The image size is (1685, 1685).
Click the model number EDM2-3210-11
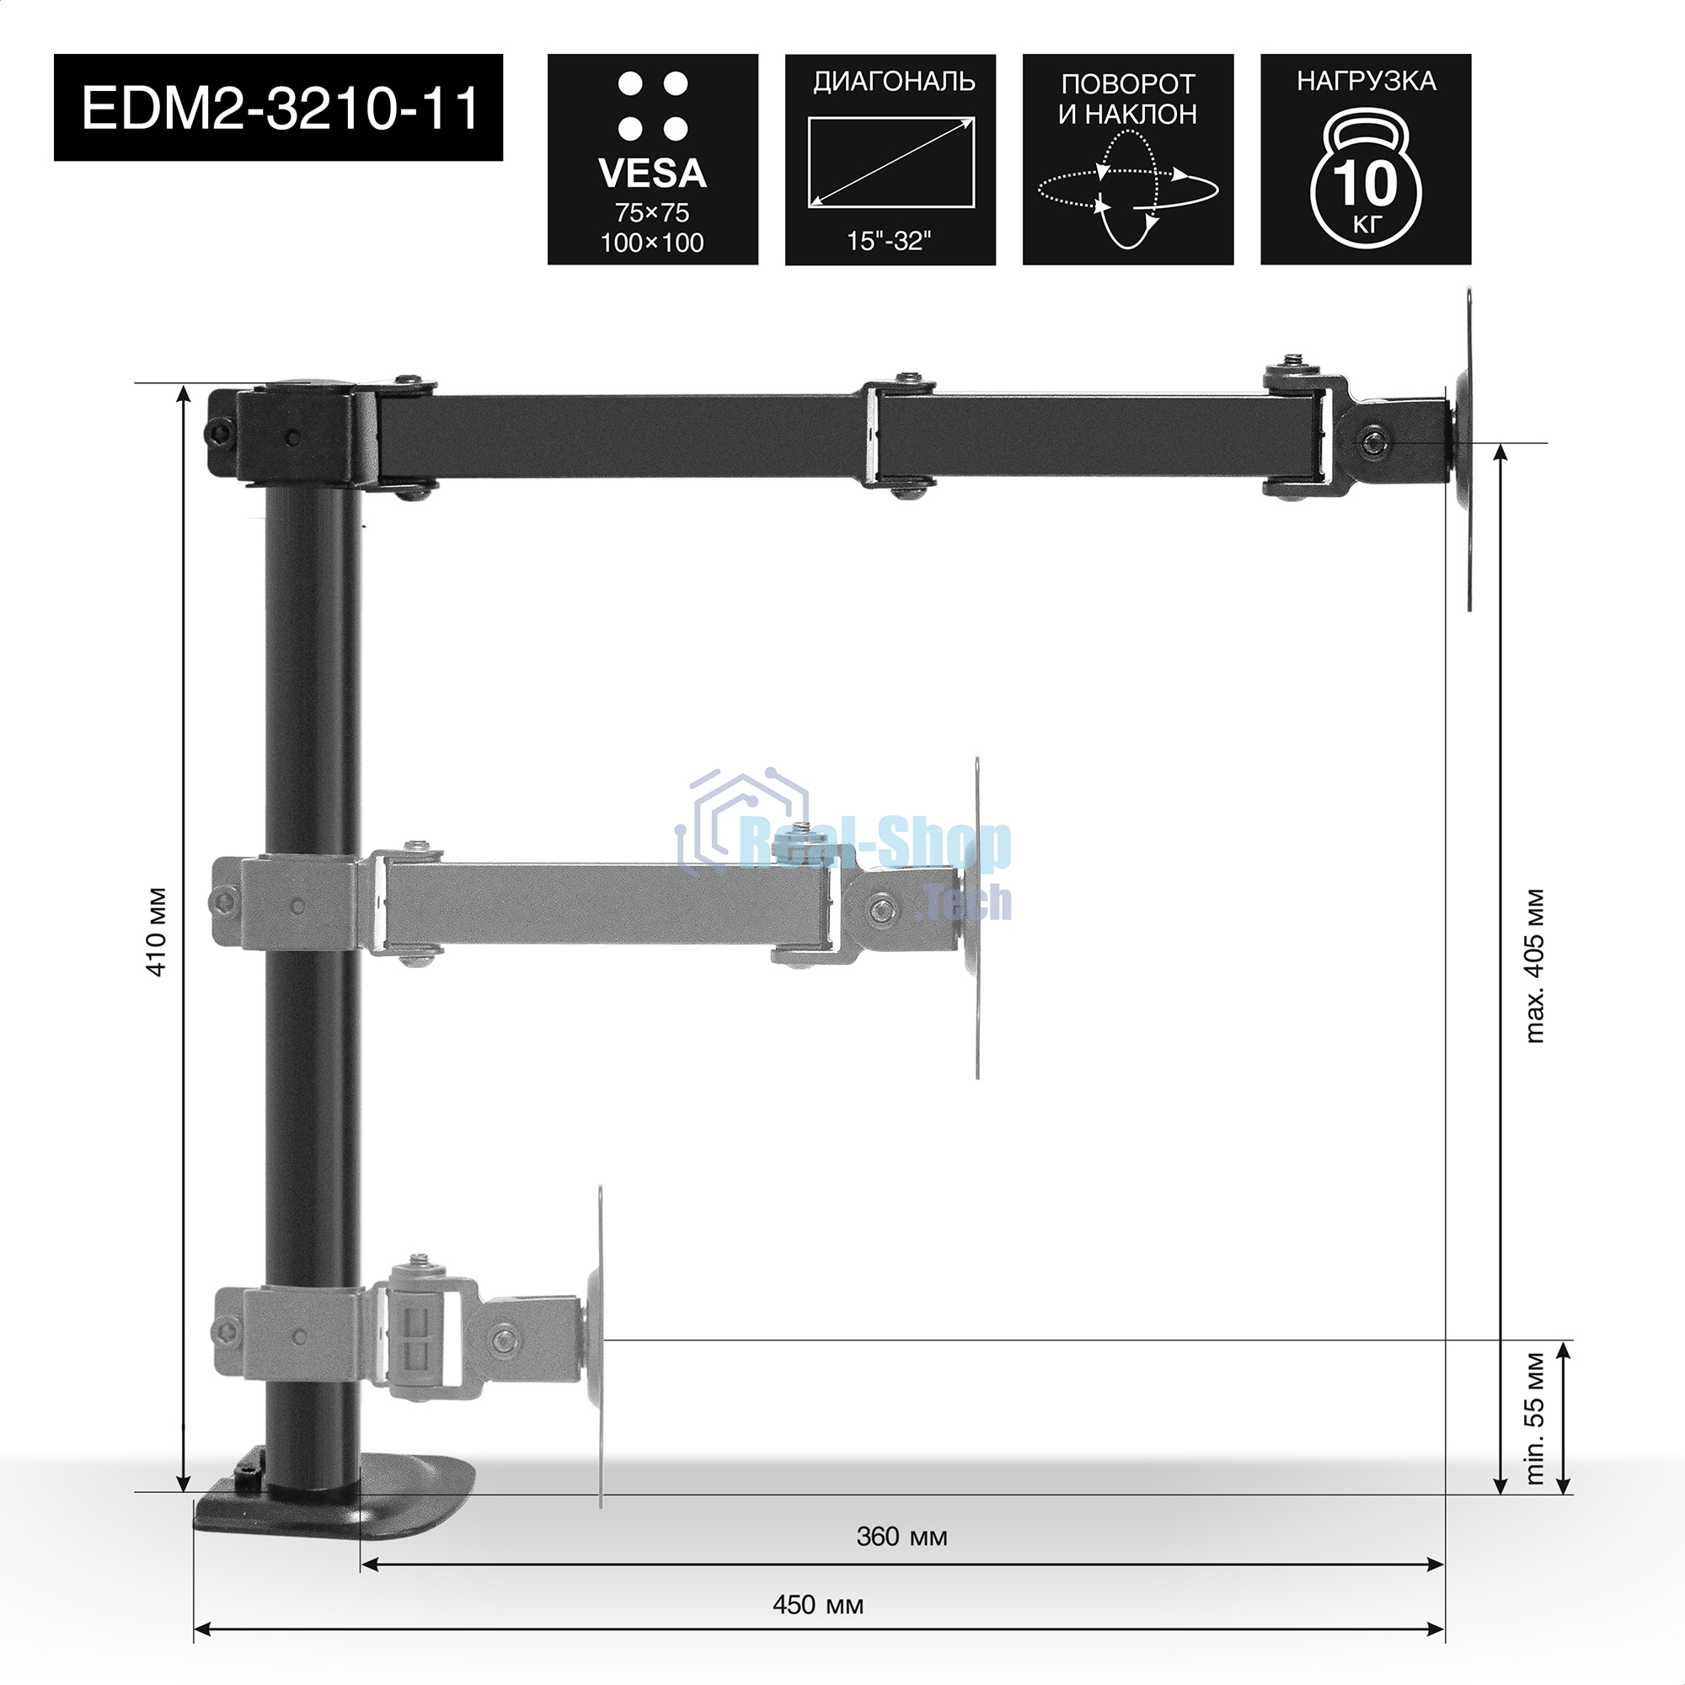pos(280,108)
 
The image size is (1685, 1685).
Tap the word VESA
pos(652,174)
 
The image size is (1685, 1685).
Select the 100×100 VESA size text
pos(652,243)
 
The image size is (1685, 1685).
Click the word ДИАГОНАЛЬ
pos(894,82)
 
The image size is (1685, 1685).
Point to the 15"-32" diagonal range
pos(890,241)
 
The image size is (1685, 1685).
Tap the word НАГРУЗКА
pos(1366,81)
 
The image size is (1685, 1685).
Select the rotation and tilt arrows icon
pos(1128,189)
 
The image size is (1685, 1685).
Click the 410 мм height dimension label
pos(157,932)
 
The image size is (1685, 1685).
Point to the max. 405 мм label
pos(1535,966)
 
